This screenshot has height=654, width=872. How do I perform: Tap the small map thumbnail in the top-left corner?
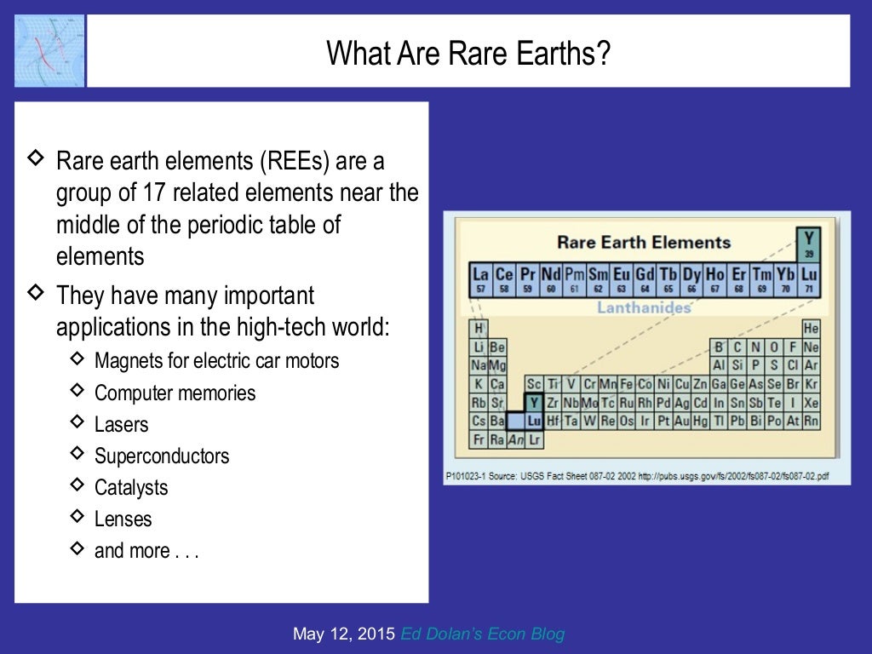tap(49, 50)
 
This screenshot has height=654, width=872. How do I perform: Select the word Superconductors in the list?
tap(162, 456)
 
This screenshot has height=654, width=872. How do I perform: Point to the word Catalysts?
tap(131, 488)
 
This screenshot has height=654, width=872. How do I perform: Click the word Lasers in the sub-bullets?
tap(121, 425)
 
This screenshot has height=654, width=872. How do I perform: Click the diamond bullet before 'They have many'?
tap(37, 293)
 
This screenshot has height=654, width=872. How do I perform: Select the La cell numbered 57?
tap(480, 278)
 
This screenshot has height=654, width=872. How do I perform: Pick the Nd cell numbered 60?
tap(551, 278)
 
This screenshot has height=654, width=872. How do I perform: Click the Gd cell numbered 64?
tap(644, 278)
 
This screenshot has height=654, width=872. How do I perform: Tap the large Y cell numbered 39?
tap(807, 243)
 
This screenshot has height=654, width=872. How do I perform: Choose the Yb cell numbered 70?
tap(784, 278)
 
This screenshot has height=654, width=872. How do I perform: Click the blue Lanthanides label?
tap(643, 307)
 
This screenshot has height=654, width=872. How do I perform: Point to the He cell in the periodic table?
tap(811, 329)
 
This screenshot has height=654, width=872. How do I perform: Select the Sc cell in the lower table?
tap(534, 384)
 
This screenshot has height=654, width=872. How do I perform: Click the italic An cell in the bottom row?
tap(515, 440)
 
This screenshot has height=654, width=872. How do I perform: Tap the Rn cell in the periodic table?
tap(811, 422)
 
